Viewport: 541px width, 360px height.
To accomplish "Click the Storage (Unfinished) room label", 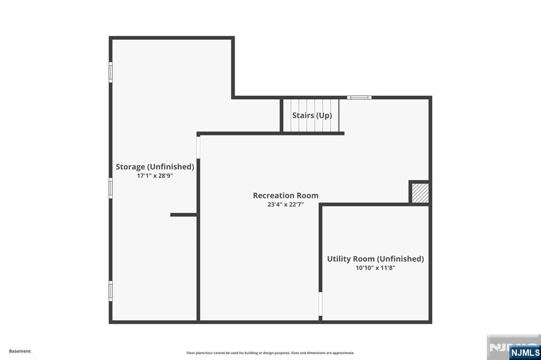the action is (x=155, y=167).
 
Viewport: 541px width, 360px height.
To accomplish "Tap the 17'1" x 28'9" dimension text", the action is (x=155, y=176).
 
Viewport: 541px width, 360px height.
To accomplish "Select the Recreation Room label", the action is (x=286, y=195).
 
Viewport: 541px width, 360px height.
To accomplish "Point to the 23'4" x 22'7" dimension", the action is (x=286, y=204).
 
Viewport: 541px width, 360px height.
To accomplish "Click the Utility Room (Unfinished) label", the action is (x=376, y=259).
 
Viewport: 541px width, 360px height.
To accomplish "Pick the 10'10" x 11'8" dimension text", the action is (x=376, y=268).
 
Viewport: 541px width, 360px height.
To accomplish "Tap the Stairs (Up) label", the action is (x=312, y=116).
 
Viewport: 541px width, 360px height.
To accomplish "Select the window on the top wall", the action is (x=359, y=98).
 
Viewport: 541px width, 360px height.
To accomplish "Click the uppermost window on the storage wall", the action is (x=111, y=72).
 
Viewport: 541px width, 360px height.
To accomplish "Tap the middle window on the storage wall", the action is (x=111, y=188).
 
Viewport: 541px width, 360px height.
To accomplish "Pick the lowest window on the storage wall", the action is (x=111, y=291).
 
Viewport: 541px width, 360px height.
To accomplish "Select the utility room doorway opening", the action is (x=320, y=304).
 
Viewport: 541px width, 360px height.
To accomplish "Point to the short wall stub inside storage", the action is (x=183, y=215).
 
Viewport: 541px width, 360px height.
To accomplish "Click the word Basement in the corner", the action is (x=20, y=351).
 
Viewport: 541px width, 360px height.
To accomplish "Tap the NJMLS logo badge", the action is (x=525, y=353).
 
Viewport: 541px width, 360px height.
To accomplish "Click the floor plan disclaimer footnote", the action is (x=270, y=353).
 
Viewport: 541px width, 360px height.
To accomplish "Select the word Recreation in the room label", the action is (x=273, y=195).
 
